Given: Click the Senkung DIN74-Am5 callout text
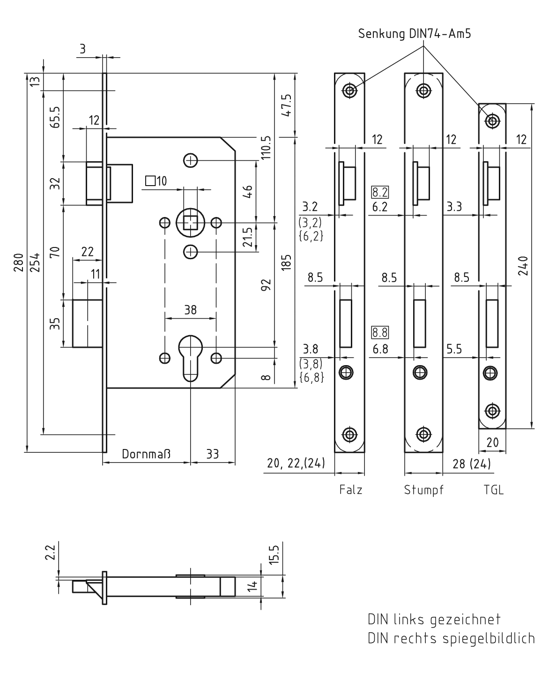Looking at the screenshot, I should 415,34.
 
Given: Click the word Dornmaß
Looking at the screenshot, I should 147,454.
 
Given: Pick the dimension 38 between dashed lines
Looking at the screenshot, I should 190,310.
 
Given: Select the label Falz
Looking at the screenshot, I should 351,490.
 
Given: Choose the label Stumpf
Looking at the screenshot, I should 424,490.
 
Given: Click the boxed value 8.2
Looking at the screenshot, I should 380,192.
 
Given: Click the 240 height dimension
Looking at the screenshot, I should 524,266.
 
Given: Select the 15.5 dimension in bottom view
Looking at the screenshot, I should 274,554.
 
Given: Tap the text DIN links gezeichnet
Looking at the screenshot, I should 434,620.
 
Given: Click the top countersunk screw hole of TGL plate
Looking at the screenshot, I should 492,121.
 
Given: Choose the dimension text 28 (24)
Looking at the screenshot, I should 472,464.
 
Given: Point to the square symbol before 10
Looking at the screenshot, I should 150,180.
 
